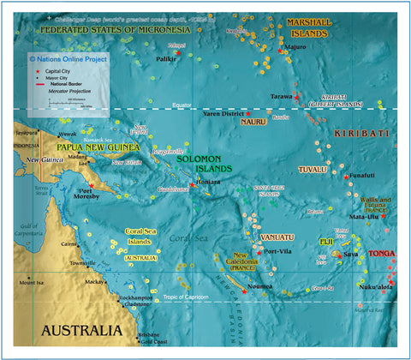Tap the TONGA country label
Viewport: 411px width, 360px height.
pos(382,253)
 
